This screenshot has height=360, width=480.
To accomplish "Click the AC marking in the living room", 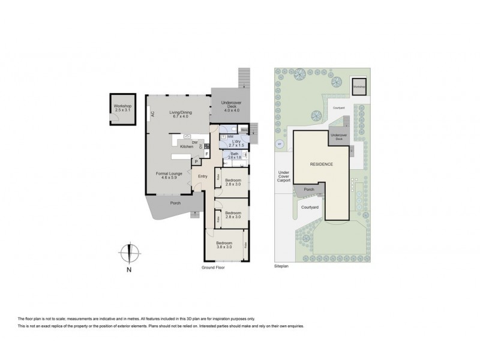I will [x=153, y=114].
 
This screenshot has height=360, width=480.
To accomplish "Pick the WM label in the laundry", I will [x=230, y=137].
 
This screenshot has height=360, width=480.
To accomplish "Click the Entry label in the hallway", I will [x=203, y=176].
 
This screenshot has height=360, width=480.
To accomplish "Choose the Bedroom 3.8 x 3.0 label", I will [x=227, y=245].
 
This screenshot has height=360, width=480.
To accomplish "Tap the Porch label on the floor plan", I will [x=176, y=202].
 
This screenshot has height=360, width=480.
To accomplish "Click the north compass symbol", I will [x=128, y=254].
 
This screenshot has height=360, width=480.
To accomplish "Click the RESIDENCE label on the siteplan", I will [x=322, y=164].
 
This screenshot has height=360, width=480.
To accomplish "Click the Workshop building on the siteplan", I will [x=358, y=86].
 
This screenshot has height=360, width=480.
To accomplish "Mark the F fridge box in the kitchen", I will [x=207, y=154].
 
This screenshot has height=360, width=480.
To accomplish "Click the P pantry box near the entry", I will [x=196, y=161].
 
